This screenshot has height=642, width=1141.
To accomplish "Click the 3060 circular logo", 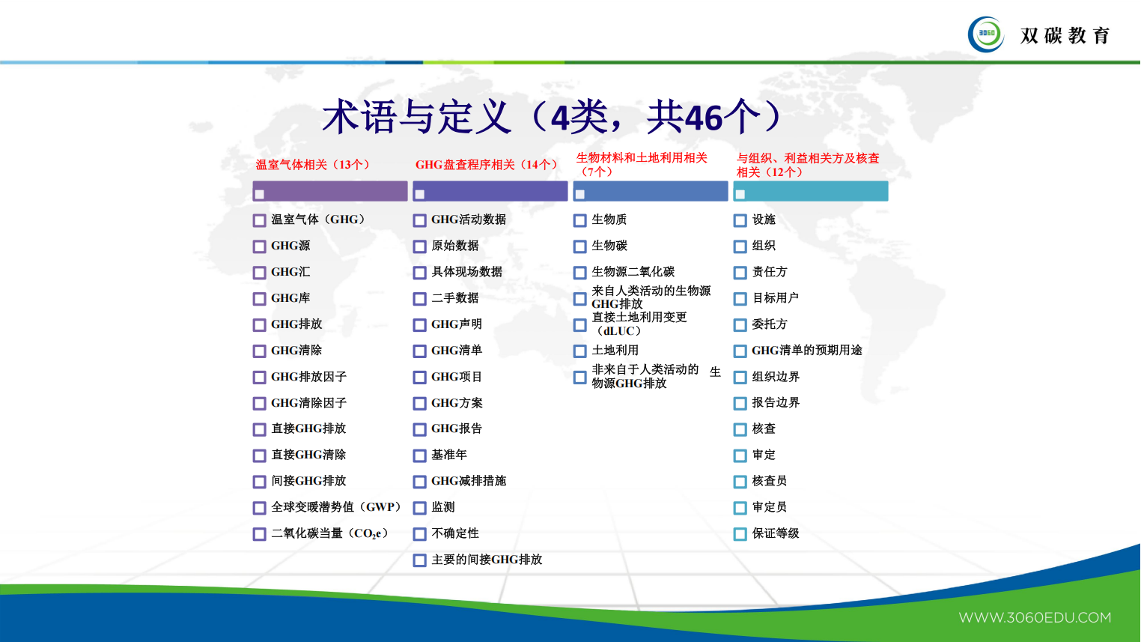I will point(986,34).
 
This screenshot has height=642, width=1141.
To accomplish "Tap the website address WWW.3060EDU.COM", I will point(1035,618).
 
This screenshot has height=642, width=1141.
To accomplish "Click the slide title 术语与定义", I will point(416,118).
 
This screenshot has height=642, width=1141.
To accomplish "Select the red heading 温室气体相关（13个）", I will point(313,165).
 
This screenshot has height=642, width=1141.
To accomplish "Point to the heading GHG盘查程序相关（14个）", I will point(487,165).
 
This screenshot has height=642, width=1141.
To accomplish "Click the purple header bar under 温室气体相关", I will point(330,191).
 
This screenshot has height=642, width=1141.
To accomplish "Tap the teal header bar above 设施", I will point(811,191).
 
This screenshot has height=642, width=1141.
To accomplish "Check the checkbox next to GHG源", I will point(260,246).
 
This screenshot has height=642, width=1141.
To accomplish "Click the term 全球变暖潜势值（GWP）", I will point(336,507).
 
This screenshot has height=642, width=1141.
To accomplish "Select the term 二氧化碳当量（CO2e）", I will point(329,533).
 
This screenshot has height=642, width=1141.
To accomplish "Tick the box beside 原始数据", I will point(420,246).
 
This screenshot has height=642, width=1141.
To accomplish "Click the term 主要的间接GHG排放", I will point(487,560).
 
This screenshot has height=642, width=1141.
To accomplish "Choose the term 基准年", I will point(449,455).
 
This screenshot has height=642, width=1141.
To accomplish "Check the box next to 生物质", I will point(580,220).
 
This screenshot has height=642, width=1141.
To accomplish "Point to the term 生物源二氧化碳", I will point(633,272).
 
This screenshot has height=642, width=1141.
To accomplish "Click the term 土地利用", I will point(615,351).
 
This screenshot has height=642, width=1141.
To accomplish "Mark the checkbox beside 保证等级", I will point(740,534).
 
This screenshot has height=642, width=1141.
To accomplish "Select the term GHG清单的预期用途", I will point(806,351).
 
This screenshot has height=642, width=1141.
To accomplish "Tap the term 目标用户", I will point(775,298).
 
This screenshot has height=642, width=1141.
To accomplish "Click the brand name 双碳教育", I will point(1065,35).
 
